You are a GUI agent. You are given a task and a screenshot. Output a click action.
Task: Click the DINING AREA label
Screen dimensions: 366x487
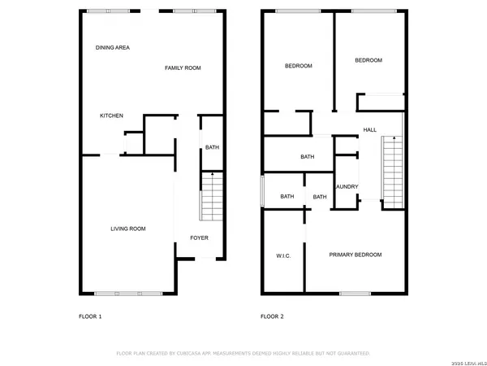click(113, 48)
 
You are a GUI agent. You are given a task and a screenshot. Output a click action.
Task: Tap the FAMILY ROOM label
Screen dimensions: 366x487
click(183, 68)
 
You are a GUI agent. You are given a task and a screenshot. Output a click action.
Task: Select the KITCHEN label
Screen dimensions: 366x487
click(111, 115)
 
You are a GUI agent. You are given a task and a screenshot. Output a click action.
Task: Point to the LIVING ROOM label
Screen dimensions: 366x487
click(128, 229)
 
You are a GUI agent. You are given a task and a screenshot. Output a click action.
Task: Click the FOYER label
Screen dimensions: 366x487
click(199, 237)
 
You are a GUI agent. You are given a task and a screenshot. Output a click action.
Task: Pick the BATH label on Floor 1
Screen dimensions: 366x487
click(212, 147)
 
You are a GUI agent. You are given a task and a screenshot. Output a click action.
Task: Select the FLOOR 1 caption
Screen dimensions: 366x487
click(90, 316)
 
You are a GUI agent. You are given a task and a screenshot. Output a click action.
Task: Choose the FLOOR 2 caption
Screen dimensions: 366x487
click(272, 316)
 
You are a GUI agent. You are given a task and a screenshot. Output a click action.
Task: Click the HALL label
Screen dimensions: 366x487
click(370, 130)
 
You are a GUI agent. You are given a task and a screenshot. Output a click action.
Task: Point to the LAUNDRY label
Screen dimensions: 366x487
click(347, 186)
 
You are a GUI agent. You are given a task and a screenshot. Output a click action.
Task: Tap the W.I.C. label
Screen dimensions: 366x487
click(283, 255)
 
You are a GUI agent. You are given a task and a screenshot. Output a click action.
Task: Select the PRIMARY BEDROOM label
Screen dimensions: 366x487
click(355, 255)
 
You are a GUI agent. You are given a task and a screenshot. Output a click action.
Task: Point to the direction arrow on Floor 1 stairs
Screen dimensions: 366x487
click(212, 175)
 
